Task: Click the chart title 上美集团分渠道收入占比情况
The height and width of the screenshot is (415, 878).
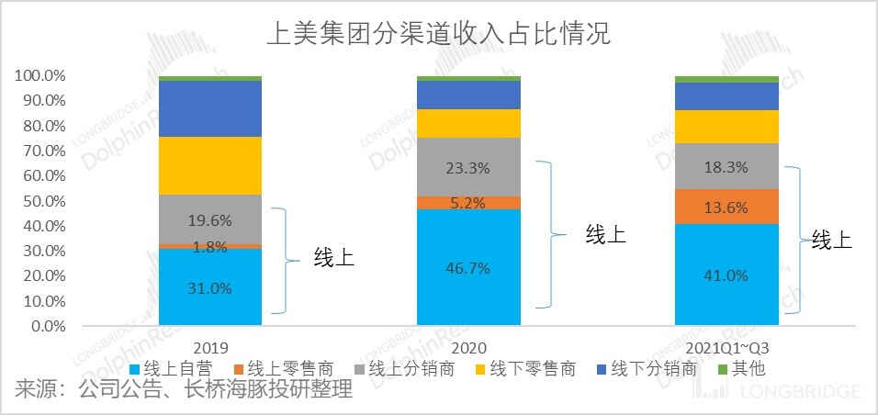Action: [438, 35]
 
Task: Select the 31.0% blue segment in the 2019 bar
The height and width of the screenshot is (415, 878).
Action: [210, 287]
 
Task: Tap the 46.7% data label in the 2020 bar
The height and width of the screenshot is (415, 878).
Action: [468, 268]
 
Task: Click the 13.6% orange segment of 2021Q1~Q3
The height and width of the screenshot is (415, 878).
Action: [726, 207]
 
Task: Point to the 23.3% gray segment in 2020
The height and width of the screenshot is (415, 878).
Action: [468, 168]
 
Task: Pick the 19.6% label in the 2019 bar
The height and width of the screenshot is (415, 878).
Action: [210, 220]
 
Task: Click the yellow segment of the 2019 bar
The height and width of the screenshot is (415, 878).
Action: [210, 165]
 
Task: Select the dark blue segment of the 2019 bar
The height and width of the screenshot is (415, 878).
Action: [210, 108]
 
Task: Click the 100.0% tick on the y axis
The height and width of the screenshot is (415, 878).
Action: [39, 75]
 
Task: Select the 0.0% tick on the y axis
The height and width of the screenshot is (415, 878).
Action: [46, 326]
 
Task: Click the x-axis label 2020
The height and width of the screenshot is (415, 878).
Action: [468, 348]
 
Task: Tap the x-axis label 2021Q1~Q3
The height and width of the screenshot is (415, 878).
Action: [726, 348]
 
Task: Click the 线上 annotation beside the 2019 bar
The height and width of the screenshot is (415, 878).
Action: [334, 258]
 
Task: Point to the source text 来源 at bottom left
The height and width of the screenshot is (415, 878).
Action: [37, 391]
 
